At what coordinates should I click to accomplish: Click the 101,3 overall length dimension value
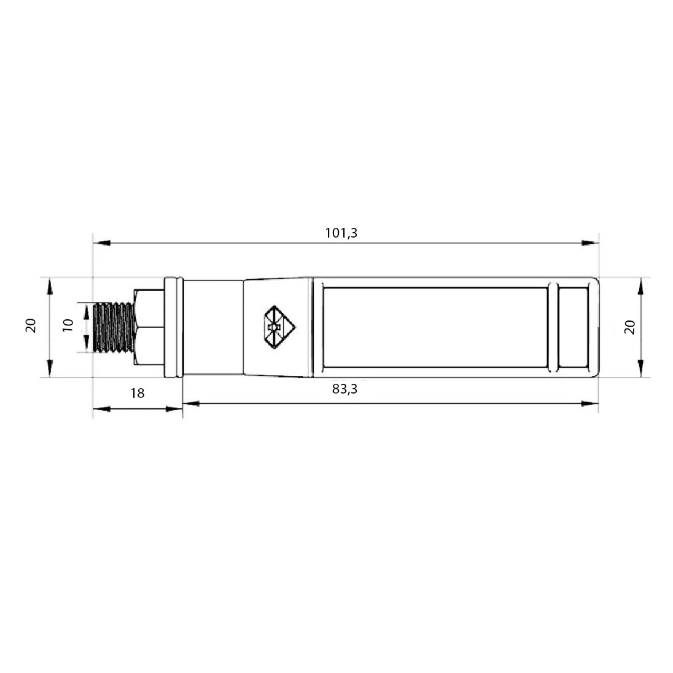[x=341, y=233]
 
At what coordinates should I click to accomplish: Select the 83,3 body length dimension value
[x=344, y=389]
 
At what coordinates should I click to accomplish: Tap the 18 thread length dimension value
[x=138, y=393]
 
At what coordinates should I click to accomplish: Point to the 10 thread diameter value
[x=68, y=325]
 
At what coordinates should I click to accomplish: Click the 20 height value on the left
[x=31, y=326]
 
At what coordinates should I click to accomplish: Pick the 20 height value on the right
[x=629, y=327]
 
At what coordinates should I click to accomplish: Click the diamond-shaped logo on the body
[x=279, y=327]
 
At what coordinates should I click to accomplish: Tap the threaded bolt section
[x=114, y=328]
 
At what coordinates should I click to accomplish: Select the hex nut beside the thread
[x=149, y=327]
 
